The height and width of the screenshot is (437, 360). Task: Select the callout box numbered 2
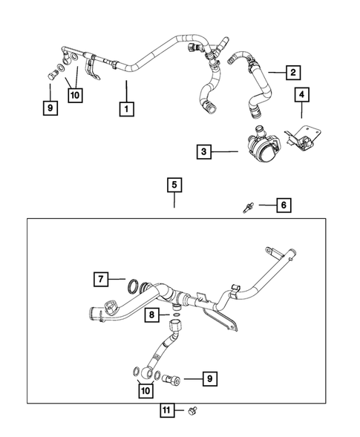pos(292,72)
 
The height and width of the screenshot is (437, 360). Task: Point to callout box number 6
pos(283,204)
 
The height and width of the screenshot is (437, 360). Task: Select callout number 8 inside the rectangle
pos(151,316)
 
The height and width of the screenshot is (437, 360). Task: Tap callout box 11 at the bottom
pos(167,409)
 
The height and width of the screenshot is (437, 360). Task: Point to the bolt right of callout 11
pos(194,409)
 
